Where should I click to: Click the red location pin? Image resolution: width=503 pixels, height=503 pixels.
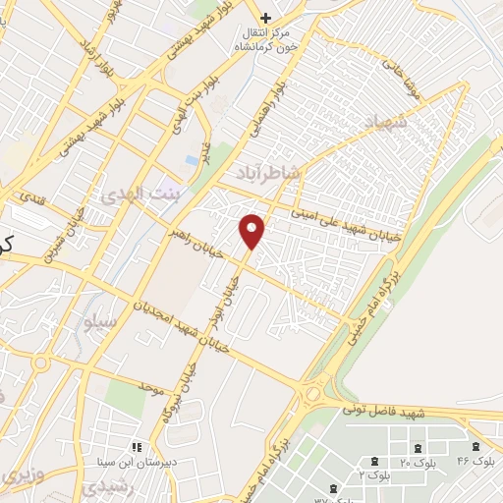(x=252, y=230)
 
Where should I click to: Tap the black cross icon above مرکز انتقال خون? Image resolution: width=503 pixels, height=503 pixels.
(x=265, y=18)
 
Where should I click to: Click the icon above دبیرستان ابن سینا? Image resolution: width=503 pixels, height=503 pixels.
(x=137, y=447)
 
